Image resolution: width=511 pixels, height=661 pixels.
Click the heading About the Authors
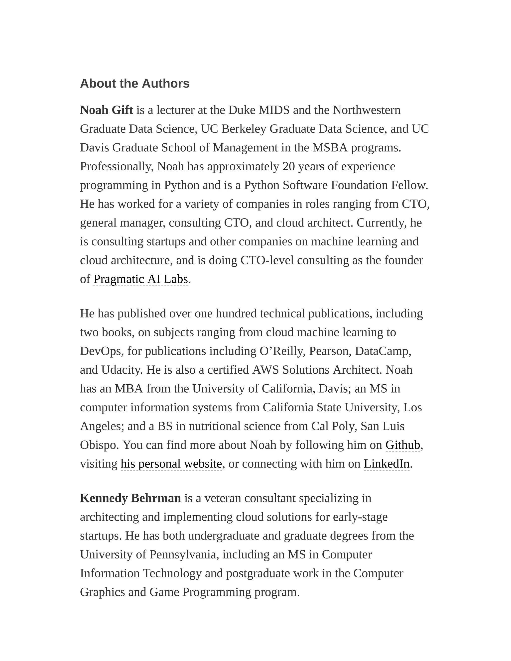[134, 84]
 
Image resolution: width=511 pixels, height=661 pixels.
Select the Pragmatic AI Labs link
[140, 279]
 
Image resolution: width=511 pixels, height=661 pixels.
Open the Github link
[403, 445]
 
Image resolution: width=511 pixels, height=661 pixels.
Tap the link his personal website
[171, 464]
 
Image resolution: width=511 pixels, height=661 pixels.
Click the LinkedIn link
[386, 464]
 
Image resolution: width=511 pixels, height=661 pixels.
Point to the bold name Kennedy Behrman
[130, 498]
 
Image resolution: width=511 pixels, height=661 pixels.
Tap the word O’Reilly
[281, 351]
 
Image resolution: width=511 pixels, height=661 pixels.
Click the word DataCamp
[383, 351]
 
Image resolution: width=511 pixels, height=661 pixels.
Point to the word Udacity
[122, 370]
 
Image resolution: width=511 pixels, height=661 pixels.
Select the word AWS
[265, 370]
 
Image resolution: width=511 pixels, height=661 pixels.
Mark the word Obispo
[99, 445]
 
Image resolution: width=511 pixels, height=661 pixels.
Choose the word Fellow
[409, 185]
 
